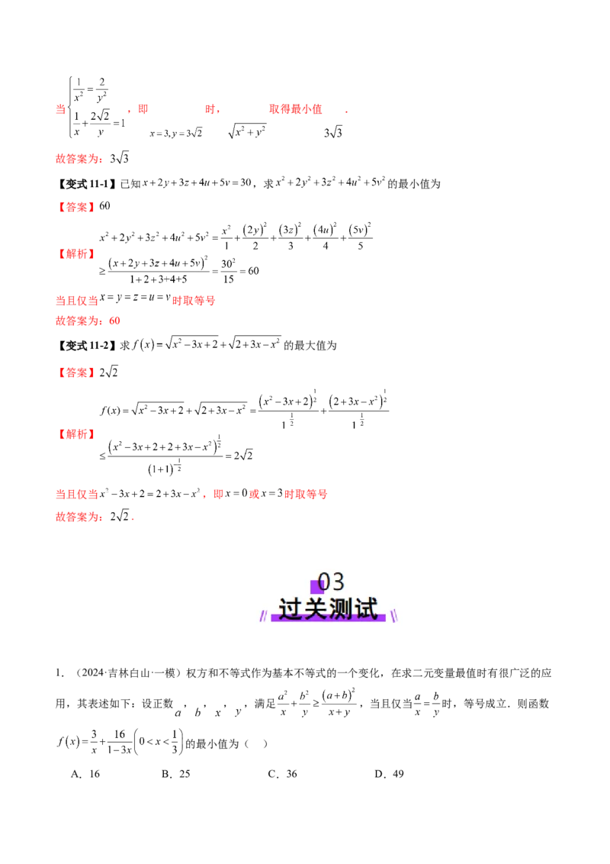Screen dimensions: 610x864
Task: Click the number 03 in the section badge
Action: (331, 582)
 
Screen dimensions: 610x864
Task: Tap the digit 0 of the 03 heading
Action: (324, 582)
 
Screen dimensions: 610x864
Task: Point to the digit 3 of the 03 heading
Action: (338, 582)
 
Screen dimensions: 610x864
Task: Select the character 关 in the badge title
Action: (317, 610)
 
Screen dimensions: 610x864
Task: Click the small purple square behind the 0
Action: (316, 587)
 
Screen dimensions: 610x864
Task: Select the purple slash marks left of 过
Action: (265, 615)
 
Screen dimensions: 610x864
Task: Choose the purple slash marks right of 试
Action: (394, 615)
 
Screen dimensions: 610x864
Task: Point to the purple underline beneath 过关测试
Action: (329, 618)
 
